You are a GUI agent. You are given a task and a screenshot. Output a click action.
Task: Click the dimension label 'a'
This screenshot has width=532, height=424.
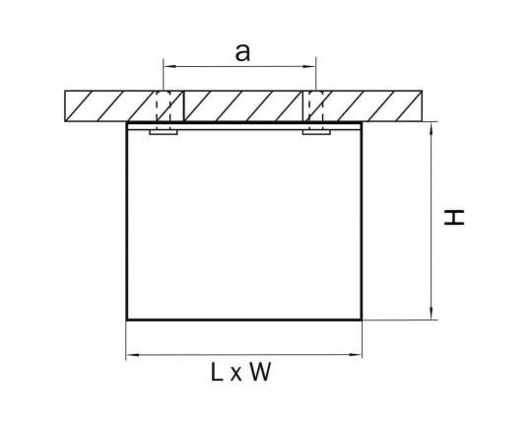[242, 53]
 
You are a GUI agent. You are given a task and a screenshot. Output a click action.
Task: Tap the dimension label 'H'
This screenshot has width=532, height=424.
[454, 217]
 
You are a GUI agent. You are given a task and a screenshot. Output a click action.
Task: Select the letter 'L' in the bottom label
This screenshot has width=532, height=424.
[217, 372]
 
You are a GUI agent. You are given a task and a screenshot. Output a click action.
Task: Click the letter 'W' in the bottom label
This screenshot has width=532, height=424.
[260, 372]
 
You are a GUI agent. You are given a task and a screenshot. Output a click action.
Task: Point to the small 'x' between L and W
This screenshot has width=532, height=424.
[235, 375]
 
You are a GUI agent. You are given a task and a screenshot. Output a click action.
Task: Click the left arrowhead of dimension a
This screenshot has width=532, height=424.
[168, 66]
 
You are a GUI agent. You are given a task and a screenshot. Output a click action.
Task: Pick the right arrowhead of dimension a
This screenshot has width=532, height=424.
[310, 66]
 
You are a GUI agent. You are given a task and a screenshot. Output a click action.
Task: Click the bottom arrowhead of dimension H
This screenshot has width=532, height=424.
[432, 314]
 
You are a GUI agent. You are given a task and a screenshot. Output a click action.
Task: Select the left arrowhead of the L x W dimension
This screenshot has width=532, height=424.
[132, 355]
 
